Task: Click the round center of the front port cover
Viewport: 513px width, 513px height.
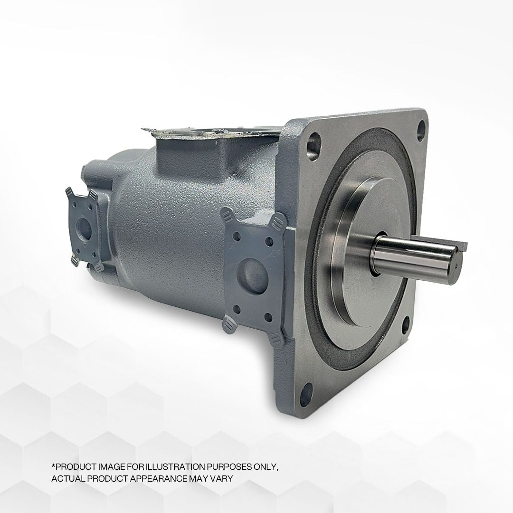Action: point(252,273)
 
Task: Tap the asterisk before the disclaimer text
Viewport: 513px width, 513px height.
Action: point(53,466)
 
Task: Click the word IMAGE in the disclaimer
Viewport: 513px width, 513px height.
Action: point(109,467)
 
